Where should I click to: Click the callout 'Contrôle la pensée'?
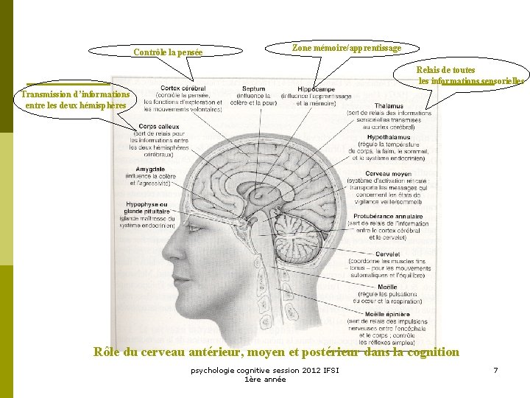coord(167,52)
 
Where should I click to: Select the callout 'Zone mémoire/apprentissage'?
coord(347,48)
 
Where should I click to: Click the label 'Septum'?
coord(253,89)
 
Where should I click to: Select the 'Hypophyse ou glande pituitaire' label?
coord(146,207)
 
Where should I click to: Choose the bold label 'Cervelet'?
coord(388,254)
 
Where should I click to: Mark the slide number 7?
coord(495,369)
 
